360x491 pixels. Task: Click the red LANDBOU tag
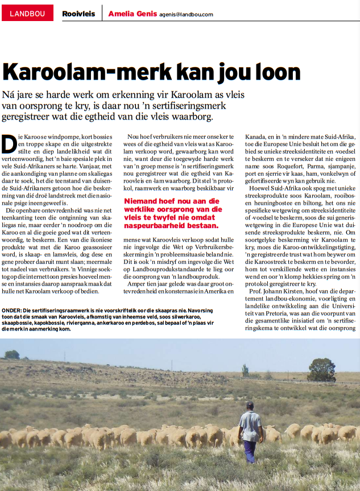(x=27, y=13)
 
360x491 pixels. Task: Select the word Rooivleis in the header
(x=78, y=13)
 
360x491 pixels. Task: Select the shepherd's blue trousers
(x=249, y=451)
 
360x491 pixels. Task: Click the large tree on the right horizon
(x=321, y=370)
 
